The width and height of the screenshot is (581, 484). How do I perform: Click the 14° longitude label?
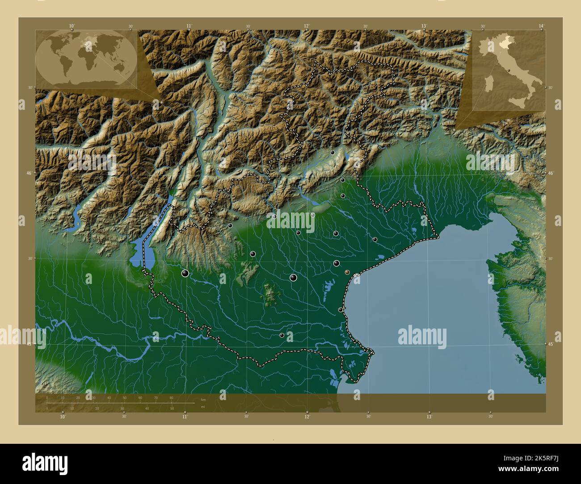(x=541, y=26)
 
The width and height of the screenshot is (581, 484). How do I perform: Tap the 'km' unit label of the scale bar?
(x=203, y=399)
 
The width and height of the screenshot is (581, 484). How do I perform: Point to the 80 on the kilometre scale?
(x=171, y=397)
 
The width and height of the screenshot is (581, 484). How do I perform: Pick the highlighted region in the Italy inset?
(x=504, y=43)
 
